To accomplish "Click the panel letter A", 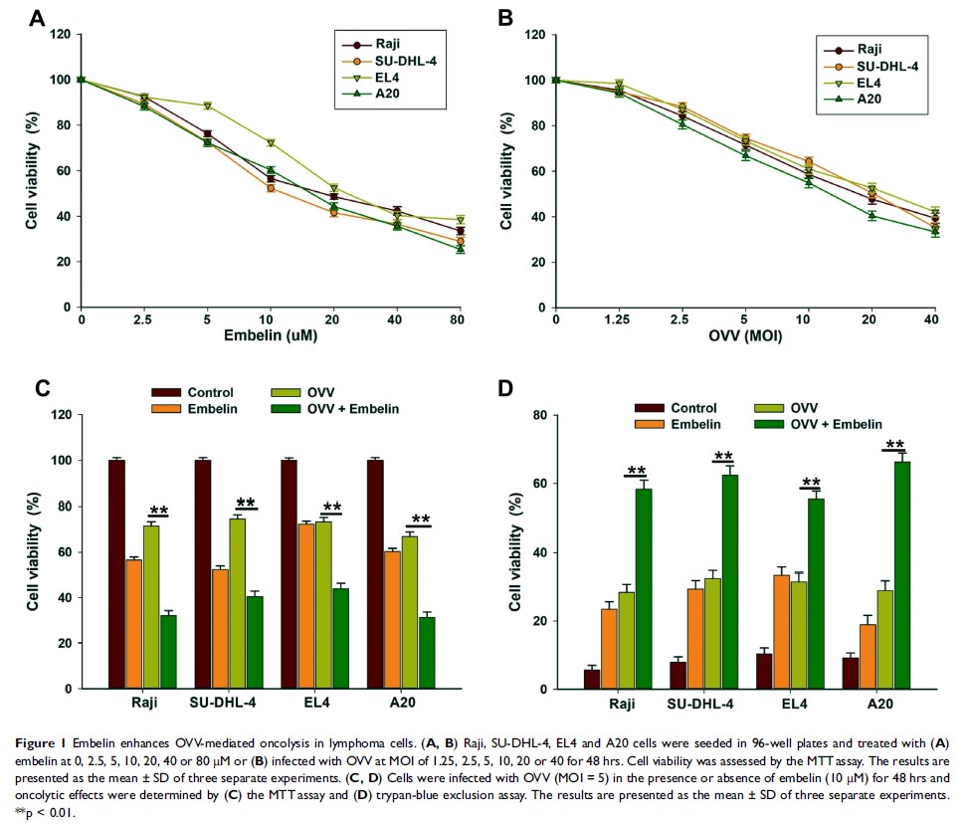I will (x=37, y=17).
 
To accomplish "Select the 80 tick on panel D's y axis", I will (x=543, y=415).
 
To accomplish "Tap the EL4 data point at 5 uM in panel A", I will (x=207, y=105).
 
